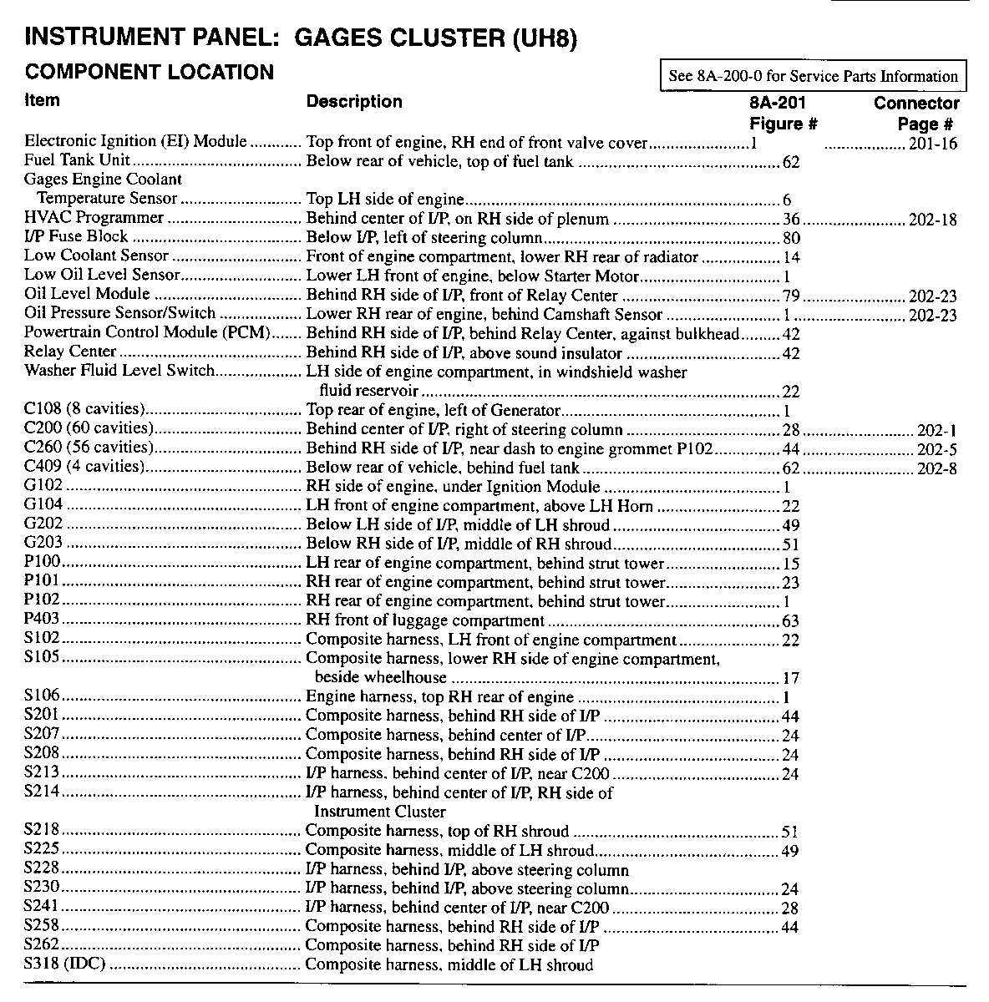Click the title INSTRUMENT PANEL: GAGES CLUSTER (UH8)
(x=302, y=38)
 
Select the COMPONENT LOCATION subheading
(x=150, y=72)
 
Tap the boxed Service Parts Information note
(x=813, y=76)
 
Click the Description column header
(x=354, y=102)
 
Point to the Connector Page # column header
(x=916, y=114)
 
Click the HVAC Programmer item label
(x=94, y=218)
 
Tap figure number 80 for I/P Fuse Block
(x=791, y=239)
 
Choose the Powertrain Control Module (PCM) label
(x=148, y=333)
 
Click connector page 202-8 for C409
(x=937, y=468)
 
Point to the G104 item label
(x=43, y=505)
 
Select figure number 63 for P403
(x=790, y=621)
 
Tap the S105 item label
(x=43, y=659)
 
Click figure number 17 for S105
(x=791, y=678)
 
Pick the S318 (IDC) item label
(x=66, y=965)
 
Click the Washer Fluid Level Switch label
(x=119, y=371)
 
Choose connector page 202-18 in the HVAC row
(x=932, y=220)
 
